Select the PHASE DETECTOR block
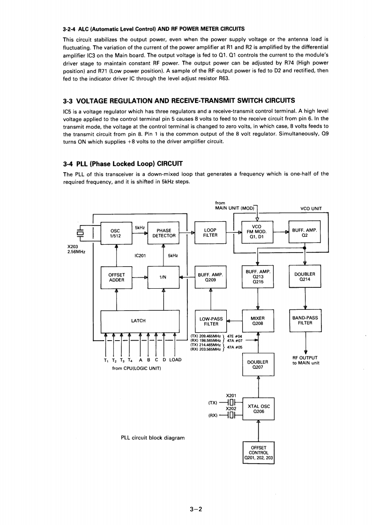164,233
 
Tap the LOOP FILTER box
210,233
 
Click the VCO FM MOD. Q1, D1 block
257,232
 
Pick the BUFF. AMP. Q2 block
305,233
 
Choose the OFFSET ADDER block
116,277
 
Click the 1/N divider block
164,277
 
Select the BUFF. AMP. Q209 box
210,277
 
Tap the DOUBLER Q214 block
305,277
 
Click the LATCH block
140,321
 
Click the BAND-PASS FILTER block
305,321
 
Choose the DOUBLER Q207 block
258,365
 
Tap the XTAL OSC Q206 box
259,409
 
